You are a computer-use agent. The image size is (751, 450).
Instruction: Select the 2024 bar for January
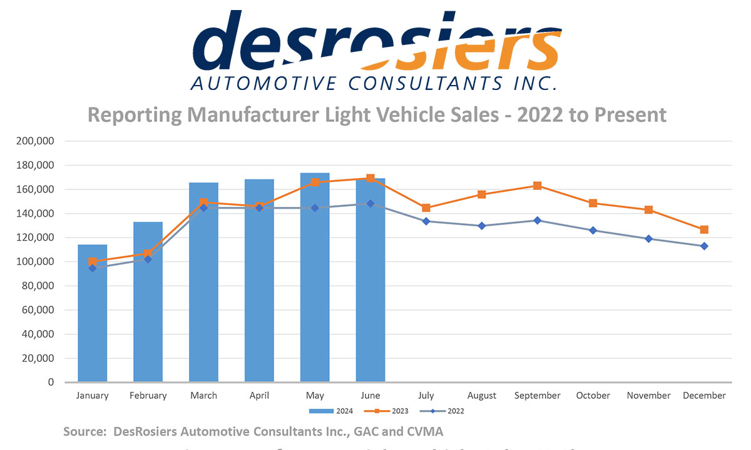93,312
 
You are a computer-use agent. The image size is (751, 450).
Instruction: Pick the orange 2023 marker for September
537,186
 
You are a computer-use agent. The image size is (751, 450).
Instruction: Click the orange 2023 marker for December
704,229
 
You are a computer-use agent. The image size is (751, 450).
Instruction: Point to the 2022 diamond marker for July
426,221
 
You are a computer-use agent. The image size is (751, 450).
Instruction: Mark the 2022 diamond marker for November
648,239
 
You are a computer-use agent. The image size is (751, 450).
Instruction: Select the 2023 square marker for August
481,194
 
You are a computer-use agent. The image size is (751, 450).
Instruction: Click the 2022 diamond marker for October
593,231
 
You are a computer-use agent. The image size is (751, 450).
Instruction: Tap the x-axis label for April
259,396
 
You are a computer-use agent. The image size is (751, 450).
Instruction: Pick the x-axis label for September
537,396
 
